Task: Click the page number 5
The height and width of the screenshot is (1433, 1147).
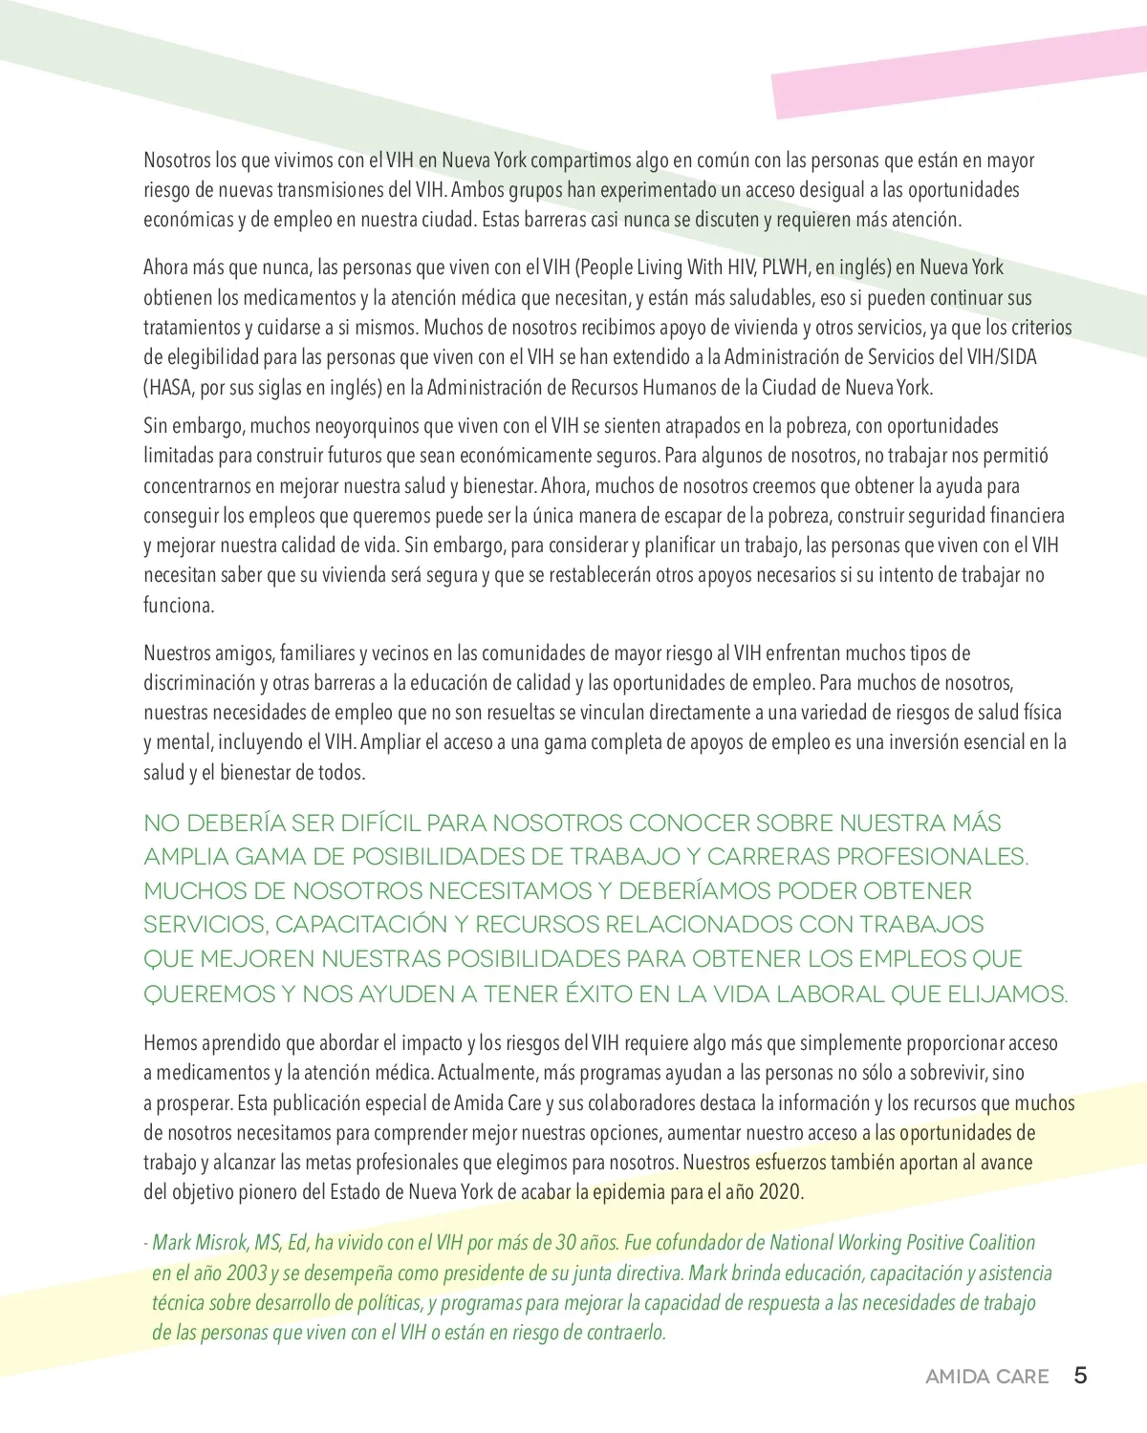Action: coord(1080,1375)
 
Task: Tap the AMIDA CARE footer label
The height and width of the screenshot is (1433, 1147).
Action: coord(986,1377)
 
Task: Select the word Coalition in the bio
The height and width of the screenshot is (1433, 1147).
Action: coord(1002,1242)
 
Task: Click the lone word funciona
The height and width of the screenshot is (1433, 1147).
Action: coord(179,605)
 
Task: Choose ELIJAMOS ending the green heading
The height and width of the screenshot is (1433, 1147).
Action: coord(1006,994)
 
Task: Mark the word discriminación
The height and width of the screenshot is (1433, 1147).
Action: coord(199,682)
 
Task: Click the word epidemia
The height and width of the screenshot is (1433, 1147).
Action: coord(629,1191)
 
